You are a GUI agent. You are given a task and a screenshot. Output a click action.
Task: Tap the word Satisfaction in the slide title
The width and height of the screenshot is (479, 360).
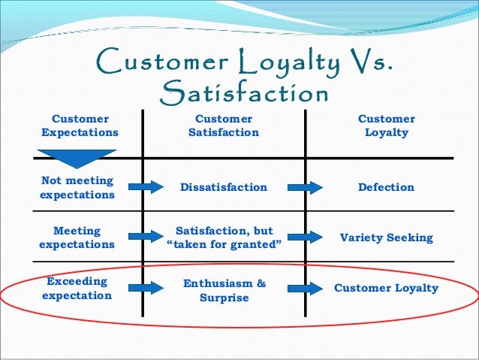245,93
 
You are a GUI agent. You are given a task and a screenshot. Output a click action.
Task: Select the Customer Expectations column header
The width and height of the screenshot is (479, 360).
79,126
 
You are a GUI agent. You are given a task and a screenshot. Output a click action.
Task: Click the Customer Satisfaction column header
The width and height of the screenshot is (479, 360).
224,126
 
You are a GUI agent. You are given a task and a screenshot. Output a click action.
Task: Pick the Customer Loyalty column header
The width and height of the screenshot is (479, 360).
386,126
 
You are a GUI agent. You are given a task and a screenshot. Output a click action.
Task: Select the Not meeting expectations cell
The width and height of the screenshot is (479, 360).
77,187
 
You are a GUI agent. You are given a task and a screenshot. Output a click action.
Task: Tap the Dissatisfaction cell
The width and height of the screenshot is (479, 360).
224,187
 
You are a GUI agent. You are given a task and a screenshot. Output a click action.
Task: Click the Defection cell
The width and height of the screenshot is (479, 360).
386,187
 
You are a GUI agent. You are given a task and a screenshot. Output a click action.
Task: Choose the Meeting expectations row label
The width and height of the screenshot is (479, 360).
77,237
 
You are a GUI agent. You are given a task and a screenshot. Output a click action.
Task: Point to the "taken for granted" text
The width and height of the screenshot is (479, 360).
224,244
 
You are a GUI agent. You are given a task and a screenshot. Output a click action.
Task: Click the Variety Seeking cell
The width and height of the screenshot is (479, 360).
386,237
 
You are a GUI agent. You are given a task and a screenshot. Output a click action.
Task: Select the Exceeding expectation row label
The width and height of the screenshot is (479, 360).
77,288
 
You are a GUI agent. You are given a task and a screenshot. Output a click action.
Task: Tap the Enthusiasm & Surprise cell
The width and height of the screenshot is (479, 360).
224,290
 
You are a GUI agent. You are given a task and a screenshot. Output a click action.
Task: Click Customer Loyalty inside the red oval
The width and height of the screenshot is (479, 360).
386,288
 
